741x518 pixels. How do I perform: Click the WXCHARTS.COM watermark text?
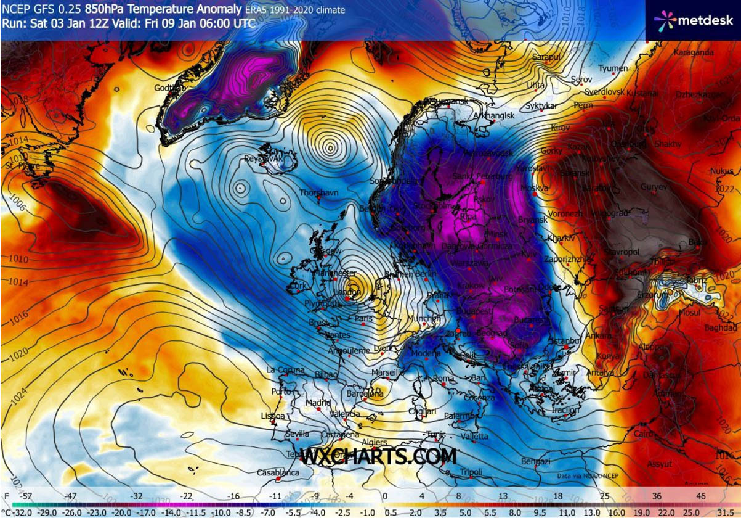click(x=378, y=457)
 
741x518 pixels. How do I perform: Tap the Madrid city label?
click(x=318, y=403)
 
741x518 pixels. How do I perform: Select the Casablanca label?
click(x=278, y=473)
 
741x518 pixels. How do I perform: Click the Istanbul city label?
click(x=565, y=340)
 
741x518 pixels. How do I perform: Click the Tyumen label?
click(x=613, y=68)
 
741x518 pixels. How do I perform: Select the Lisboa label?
click(x=273, y=416)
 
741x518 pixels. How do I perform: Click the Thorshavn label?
click(x=318, y=193)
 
